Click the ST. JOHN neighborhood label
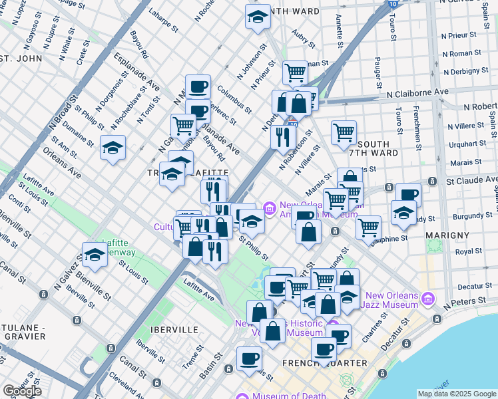tap(21, 58)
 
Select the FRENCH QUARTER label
tap(325, 363)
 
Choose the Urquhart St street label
tap(463, 143)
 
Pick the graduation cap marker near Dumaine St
tap(113, 147)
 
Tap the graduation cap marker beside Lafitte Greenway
tap(95, 254)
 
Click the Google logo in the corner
tap(21, 391)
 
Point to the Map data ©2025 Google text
tap(456, 394)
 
